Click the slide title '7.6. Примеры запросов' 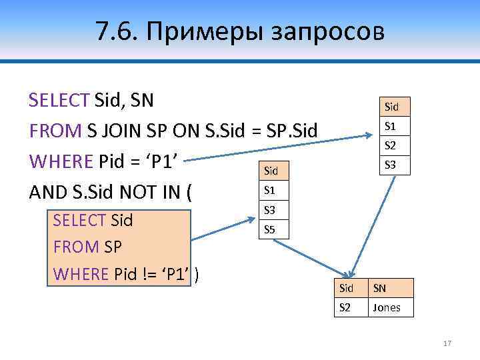click(x=240, y=31)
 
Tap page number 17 click(x=447, y=343)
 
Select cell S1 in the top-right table click(x=391, y=125)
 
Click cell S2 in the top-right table click(x=391, y=145)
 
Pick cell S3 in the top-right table click(x=391, y=165)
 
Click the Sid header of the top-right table click(x=391, y=107)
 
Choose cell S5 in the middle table click(x=269, y=230)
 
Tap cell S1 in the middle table click(x=269, y=191)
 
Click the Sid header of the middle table click(x=269, y=171)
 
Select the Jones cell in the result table click(x=387, y=307)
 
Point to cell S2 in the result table click(x=346, y=307)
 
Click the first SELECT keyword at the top click(x=59, y=101)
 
